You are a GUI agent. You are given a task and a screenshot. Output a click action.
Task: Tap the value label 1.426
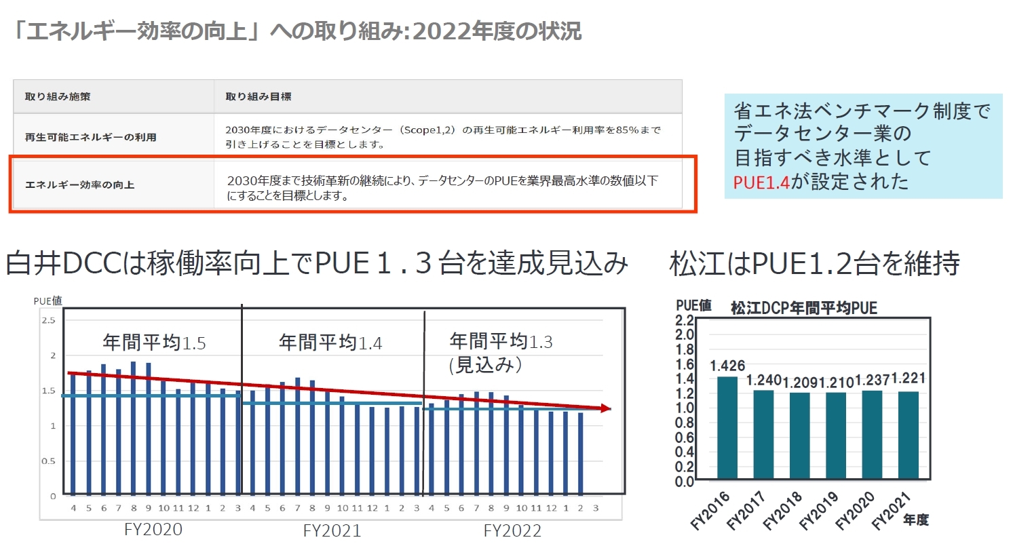pyautogui.click(x=727, y=366)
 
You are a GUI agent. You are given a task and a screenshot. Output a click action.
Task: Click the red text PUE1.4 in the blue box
pyautogui.click(x=761, y=182)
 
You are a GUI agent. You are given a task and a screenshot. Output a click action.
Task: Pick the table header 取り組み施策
pyautogui.click(x=58, y=96)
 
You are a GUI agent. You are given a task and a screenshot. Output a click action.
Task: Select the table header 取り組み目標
pyautogui.click(x=259, y=96)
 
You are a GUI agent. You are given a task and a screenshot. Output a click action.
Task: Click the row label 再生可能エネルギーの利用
pyautogui.click(x=91, y=137)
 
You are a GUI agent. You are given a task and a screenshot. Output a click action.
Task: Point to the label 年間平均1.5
pyautogui.click(x=154, y=342)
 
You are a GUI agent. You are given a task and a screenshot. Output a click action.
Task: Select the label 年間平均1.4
pyautogui.click(x=330, y=342)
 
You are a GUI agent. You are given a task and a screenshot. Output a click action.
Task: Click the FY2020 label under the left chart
pyautogui.click(x=154, y=529)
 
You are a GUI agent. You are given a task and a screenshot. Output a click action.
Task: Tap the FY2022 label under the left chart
pyautogui.click(x=513, y=530)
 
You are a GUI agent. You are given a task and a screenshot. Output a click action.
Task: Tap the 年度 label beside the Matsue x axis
pyautogui.click(x=915, y=520)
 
